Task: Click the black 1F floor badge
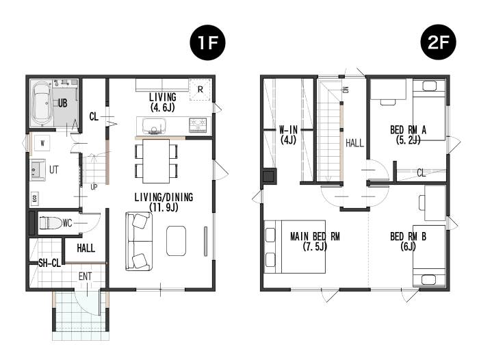208,42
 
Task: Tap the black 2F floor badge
439,42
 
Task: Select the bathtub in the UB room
42,103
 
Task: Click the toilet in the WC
51,223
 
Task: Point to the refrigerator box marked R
200,90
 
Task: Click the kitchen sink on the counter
154,126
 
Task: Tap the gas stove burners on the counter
198,125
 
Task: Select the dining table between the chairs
156,161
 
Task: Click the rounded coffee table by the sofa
177,241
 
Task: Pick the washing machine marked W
42,143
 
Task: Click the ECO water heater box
34,198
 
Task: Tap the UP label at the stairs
94,187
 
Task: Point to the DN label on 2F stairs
346,90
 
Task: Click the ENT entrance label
85,277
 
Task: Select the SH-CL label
49,263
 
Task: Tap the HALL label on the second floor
354,143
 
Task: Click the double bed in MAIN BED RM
295,246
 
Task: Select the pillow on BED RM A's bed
429,86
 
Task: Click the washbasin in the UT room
37,170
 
